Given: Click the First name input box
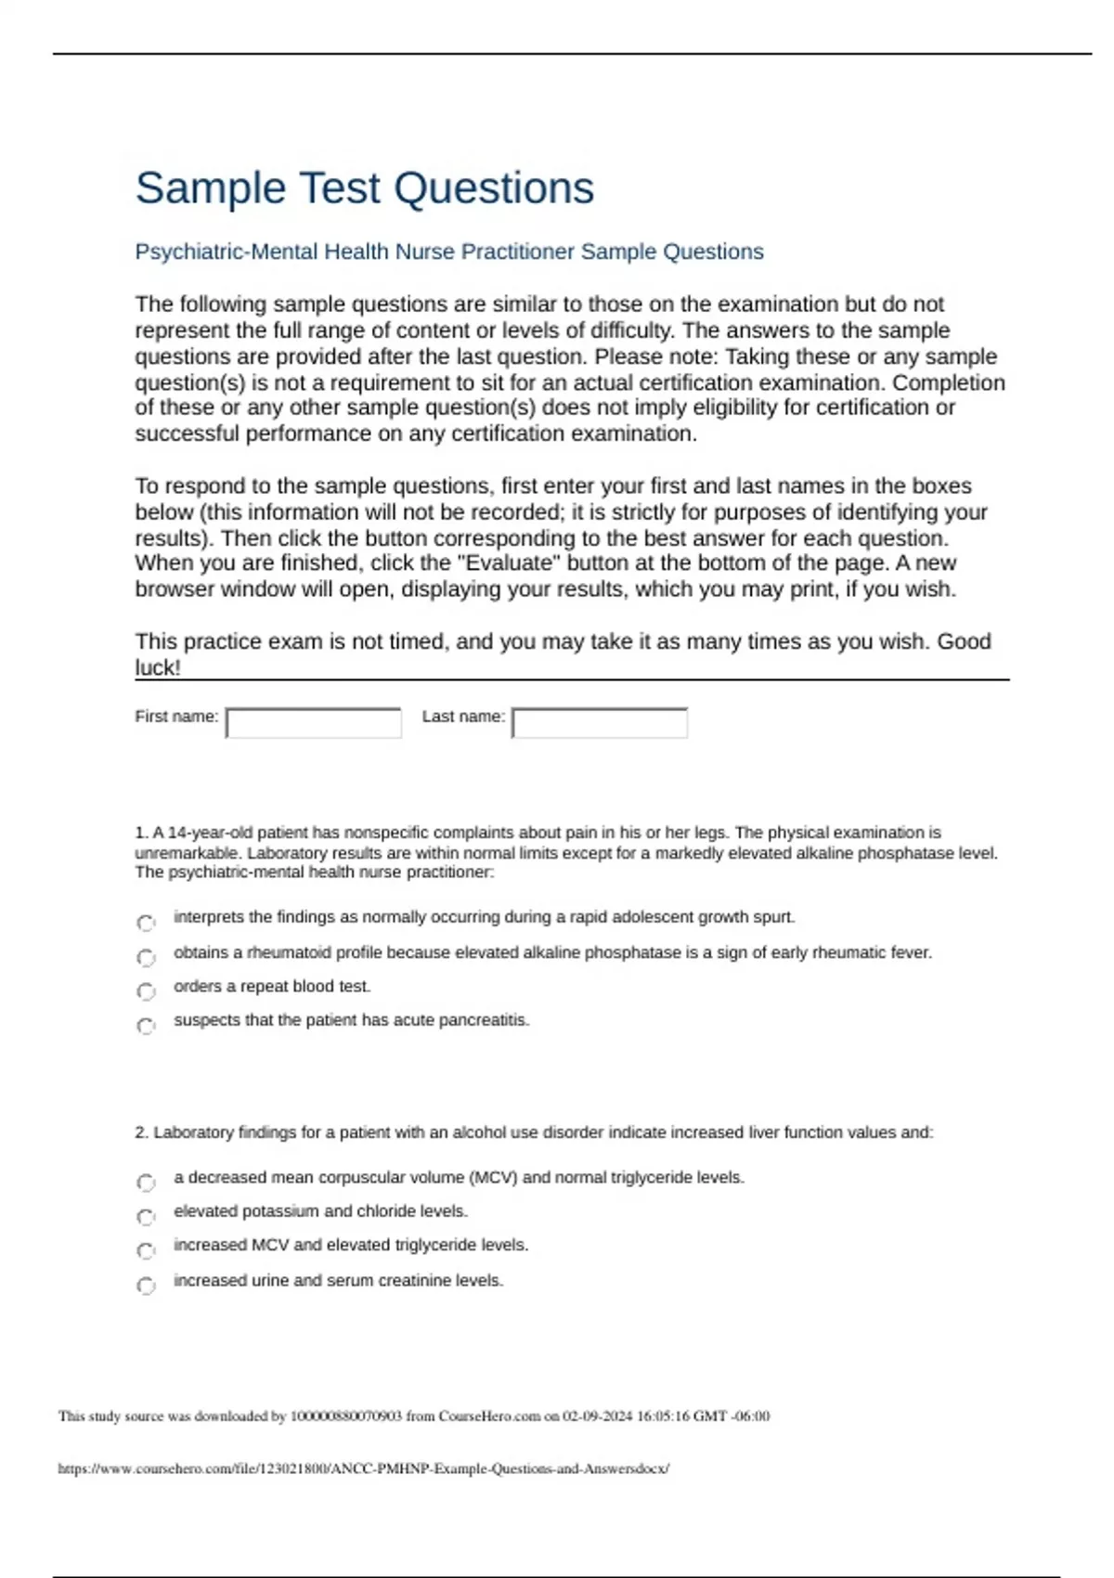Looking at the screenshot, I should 314,723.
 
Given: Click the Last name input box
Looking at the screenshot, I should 600,723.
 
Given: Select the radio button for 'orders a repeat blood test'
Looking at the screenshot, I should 146,991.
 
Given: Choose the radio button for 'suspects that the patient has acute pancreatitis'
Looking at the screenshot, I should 146,1026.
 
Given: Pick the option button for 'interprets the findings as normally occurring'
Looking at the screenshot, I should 146,923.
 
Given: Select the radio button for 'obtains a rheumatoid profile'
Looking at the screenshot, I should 146,957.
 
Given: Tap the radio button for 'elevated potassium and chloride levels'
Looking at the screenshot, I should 146,1217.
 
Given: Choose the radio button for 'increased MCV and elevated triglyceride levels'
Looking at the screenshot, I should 146,1251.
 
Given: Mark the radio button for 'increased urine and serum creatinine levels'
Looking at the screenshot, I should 146,1286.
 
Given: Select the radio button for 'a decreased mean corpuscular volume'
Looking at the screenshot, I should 146,1183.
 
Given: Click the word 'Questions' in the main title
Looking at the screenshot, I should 494,188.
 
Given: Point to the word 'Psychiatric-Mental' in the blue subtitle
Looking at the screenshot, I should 227,252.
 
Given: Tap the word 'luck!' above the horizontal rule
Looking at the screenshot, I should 158,667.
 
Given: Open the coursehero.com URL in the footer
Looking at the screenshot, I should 363,1468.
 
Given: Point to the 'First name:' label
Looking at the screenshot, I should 176,717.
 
